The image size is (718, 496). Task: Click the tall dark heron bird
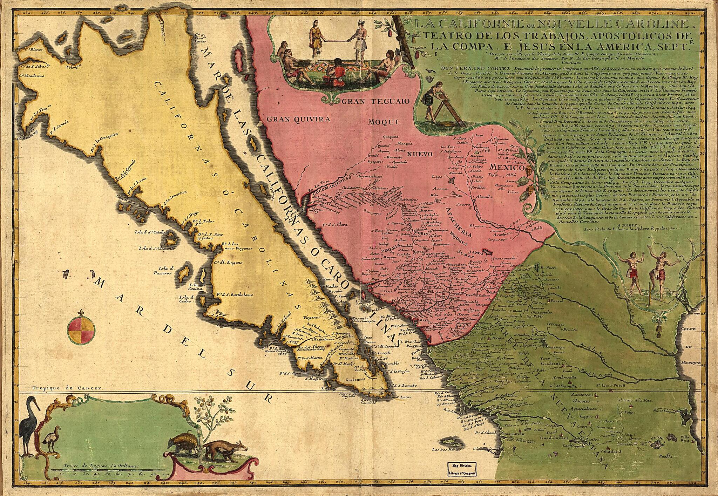click(x=27, y=434)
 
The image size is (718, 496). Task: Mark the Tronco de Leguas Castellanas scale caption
click(x=102, y=466)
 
